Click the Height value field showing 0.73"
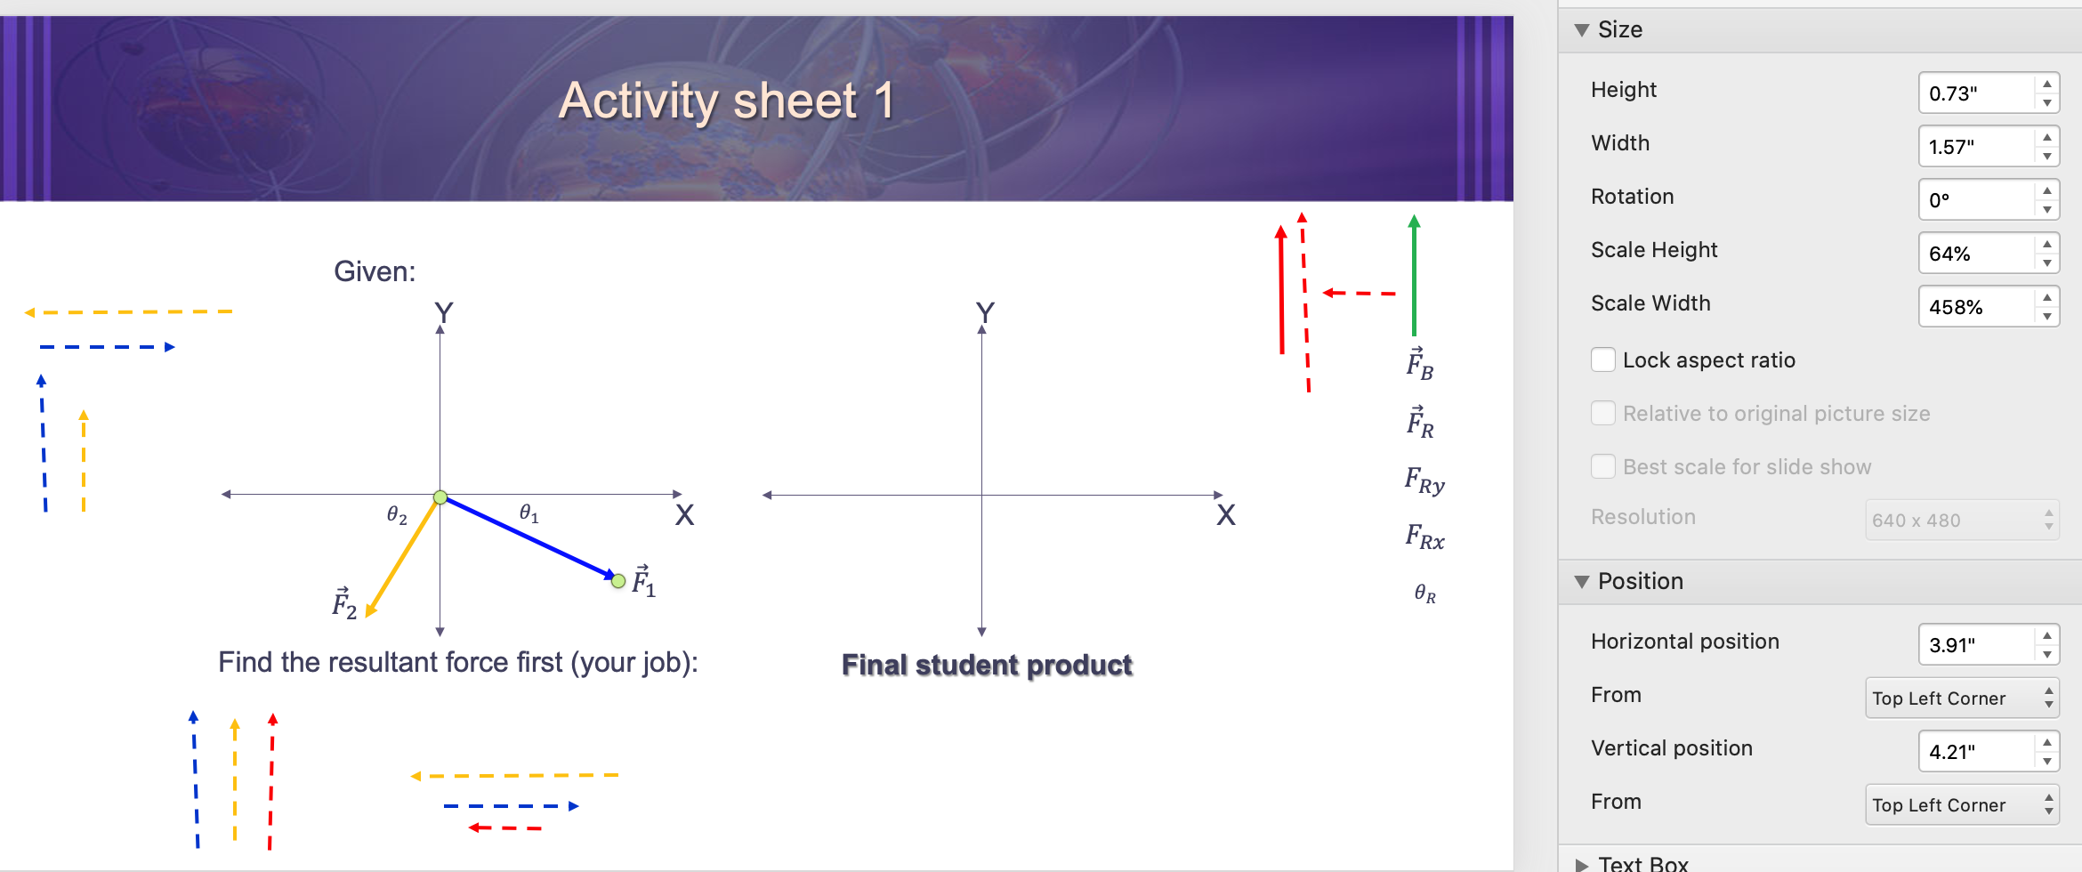click(x=1975, y=93)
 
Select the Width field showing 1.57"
click(x=1975, y=147)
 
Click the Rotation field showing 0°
click(x=1975, y=200)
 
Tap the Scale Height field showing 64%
click(x=1975, y=254)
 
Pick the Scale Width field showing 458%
click(x=1975, y=307)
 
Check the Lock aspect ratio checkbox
click(x=1603, y=359)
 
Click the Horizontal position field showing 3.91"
click(x=1975, y=645)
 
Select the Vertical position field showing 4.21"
click(x=1975, y=752)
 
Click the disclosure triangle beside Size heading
click(x=1581, y=30)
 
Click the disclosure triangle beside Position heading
click(x=1581, y=582)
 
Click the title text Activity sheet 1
click(x=725, y=101)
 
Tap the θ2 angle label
click(x=397, y=515)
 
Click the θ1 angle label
click(x=529, y=513)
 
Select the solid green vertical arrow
click(x=1414, y=276)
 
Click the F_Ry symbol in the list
click(x=1424, y=481)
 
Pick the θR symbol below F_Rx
click(x=1424, y=593)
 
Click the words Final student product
click(x=986, y=665)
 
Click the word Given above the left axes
click(x=374, y=271)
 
